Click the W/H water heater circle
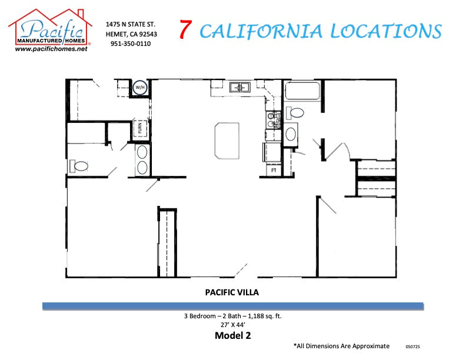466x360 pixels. pyautogui.click(x=140, y=88)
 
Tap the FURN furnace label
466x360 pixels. pyautogui.click(x=141, y=128)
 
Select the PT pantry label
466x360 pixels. pyautogui.click(x=274, y=170)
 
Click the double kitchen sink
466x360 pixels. pyautogui.click(x=240, y=87)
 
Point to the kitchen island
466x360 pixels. pyautogui.click(x=227, y=140)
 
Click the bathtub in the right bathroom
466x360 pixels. pyautogui.click(x=302, y=91)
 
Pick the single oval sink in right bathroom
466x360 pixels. pyautogui.click(x=291, y=134)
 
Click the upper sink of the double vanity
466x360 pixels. pyautogui.click(x=142, y=152)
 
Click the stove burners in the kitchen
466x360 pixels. pyautogui.click(x=273, y=121)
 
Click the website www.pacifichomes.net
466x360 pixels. pyautogui.click(x=51, y=49)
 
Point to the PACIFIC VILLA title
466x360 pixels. pyautogui.click(x=232, y=291)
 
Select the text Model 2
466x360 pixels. pyautogui.click(x=232, y=336)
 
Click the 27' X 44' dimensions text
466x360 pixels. pyautogui.click(x=232, y=325)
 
